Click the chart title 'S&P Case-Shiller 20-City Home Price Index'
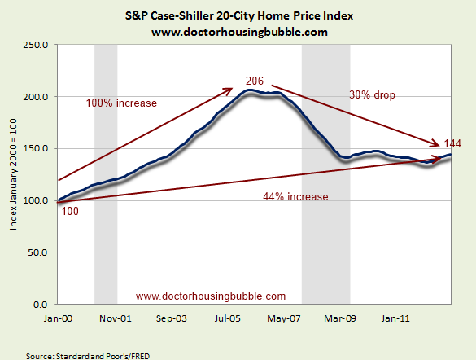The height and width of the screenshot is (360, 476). [x=238, y=15]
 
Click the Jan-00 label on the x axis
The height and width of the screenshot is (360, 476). [x=59, y=318]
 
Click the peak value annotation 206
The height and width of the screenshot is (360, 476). [x=255, y=81]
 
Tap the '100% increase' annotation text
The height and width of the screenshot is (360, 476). [x=120, y=103]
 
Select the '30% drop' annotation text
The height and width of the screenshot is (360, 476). [x=372, y=94]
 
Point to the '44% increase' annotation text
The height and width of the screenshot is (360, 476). [x=295, y=197]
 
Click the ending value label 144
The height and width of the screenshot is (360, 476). [x=452, y=143]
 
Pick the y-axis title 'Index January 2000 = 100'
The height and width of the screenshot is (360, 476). [x=15, y=174]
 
